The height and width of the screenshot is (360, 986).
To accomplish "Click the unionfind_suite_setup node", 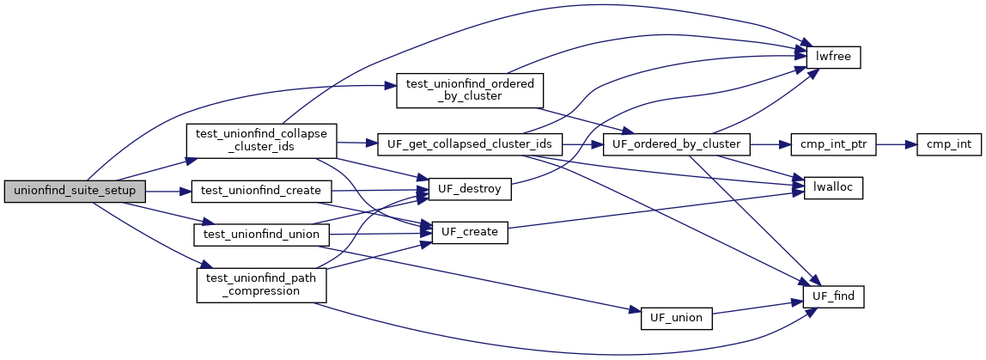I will (x=70, y=189).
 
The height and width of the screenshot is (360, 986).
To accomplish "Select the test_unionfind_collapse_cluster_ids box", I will (x=262, y=140).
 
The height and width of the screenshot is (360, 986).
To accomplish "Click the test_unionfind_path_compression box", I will (x=261, y=284).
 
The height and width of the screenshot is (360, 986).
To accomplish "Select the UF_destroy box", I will (x=465, y=188).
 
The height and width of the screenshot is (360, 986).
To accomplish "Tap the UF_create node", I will (x=469, y=233).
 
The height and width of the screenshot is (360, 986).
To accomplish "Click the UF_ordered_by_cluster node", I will (x=678, y=143).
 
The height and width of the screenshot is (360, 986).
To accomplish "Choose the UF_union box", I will (x=676, y=317).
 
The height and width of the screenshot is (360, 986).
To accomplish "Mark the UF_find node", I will (x=832, y=296).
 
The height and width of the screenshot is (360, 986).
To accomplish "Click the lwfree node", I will (x=832, y=56).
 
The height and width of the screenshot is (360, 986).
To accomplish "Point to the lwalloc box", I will (x=832, y=188).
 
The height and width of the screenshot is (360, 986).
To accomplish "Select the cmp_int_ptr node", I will (x=833, y=143).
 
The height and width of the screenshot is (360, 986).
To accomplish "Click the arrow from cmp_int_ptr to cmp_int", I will (x=897, y=143).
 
